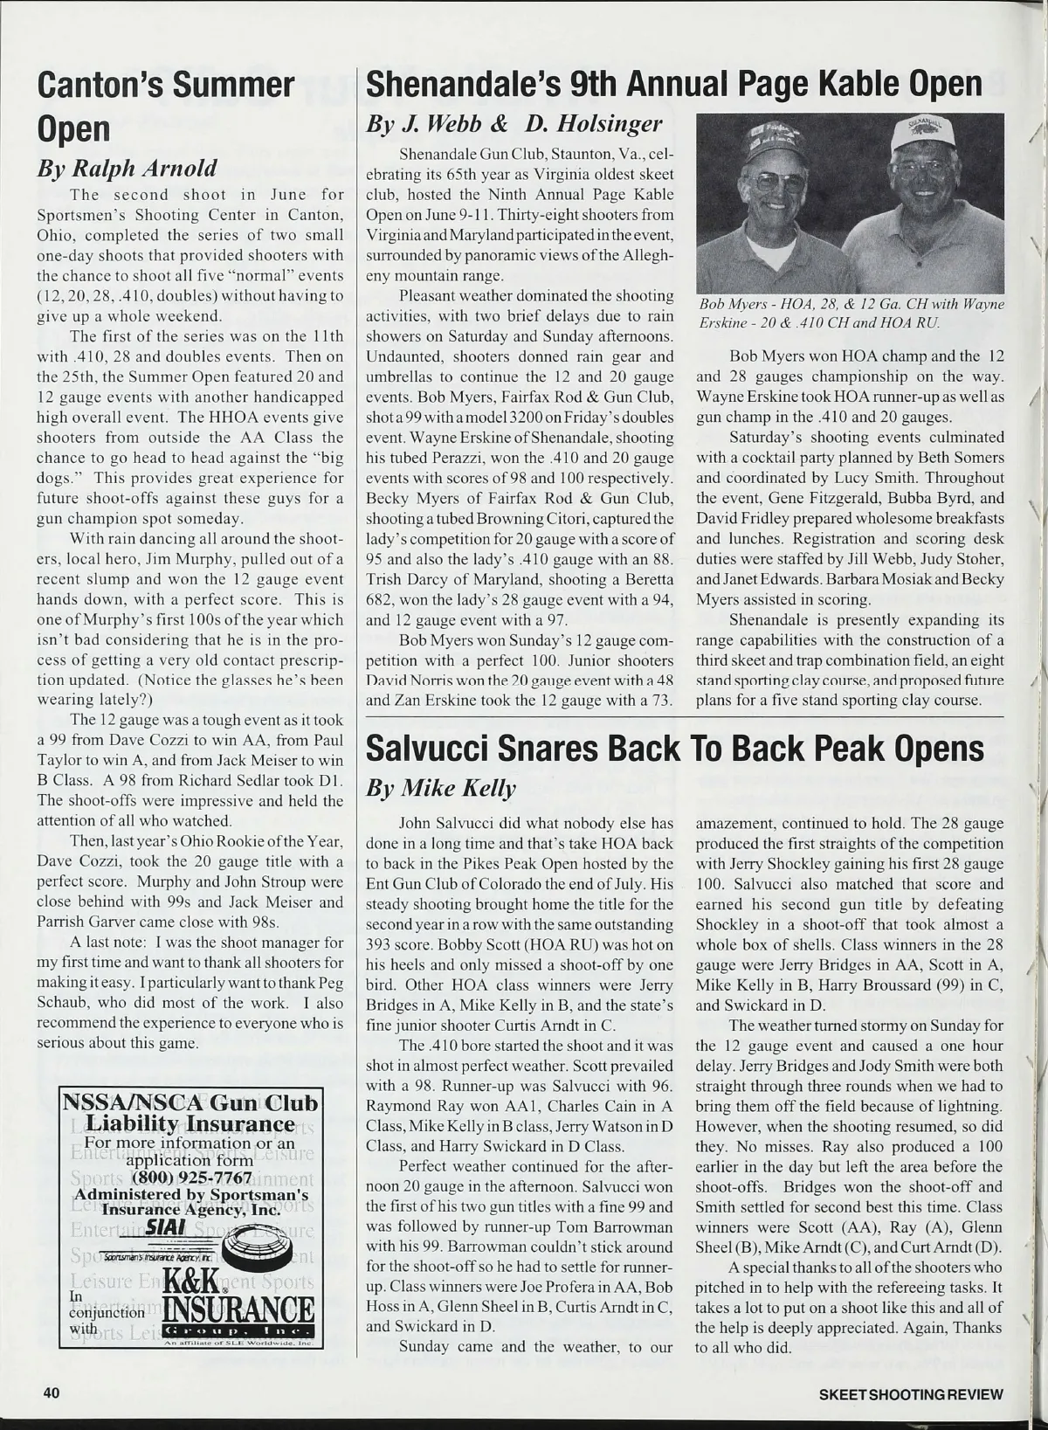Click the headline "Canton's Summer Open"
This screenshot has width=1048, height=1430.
point(165,106)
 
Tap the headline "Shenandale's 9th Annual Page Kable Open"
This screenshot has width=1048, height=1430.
point(674,84)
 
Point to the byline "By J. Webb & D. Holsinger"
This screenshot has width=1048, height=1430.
point(514,125)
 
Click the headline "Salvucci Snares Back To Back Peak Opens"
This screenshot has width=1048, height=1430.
point(674,749)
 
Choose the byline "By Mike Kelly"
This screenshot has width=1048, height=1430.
point(441,789)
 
